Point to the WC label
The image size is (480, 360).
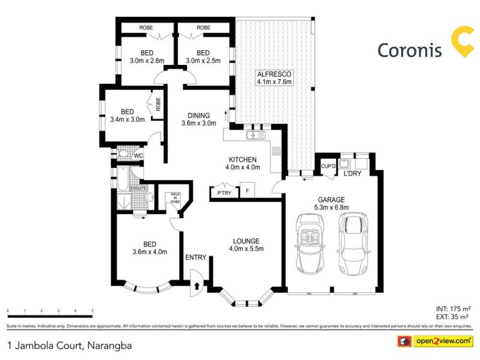pyautogui.click(x=137, y=157)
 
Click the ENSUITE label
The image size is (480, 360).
pyautogui.click(x=139, y=188)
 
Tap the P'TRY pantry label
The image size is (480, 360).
pyautogui.click(x=224, y=193)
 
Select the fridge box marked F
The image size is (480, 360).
pyautogui.click(x=247, y=190)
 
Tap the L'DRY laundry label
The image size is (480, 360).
pyautogui.click(x=352, y=174)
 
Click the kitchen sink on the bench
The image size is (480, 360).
pyautogui.click(x=257, y=136)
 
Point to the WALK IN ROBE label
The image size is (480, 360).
pyautogui.click(x=175, y=198)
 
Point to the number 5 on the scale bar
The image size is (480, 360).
pyautogui.click(x=92, y=311)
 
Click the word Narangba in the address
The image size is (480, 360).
pyautogui.click(x=110, y=346)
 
